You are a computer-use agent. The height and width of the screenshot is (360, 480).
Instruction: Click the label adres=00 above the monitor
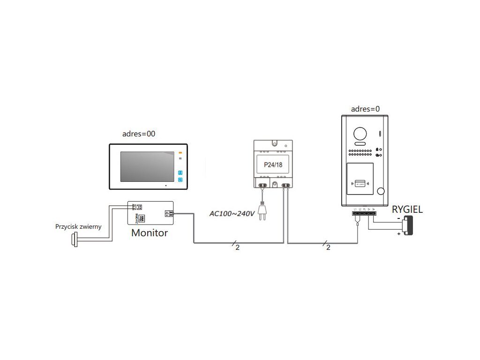(x=138, y=134)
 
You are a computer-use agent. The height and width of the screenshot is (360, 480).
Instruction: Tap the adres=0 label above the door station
(x=365, y=109)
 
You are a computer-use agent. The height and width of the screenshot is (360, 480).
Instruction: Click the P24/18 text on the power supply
(x=272, y=165)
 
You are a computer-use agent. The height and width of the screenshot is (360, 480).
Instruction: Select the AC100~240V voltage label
(x=232, y=214)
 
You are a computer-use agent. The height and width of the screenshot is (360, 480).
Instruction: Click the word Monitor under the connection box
(x=149, y=232)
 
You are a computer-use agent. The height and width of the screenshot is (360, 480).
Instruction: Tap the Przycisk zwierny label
(x=78, y=227)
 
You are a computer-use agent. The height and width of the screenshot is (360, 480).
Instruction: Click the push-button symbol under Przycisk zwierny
(x=74, y=240)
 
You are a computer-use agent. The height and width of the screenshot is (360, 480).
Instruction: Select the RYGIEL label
(x=407, y=210)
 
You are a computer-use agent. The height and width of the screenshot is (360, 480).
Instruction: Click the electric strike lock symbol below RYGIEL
(x=408, y=225)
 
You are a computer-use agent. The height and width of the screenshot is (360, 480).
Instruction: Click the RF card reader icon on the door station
(x=360, y=183)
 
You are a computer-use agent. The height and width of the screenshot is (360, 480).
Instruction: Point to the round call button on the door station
(x=381, y=191)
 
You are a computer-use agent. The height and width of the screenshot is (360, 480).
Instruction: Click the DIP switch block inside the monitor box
(x=141, y=218)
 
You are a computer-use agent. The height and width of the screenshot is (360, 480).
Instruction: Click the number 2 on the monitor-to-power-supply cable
(x=237, y=247)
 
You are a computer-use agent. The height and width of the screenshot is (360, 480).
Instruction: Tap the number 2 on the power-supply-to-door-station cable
(x=328, y=247)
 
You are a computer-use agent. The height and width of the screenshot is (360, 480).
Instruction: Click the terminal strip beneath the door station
(x=365, y=213)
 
